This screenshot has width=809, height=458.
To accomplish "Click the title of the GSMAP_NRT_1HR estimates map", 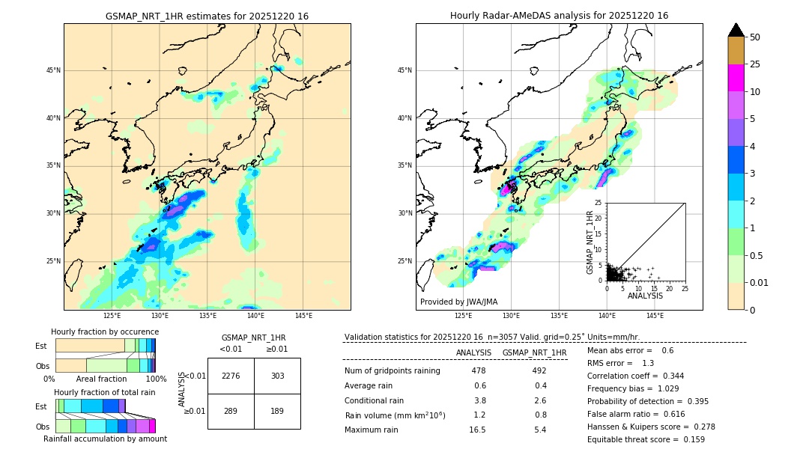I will tap(207, 16).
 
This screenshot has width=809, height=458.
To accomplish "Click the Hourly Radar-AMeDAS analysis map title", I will tap(559, 16).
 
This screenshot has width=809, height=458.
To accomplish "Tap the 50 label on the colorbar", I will tap(755, 37).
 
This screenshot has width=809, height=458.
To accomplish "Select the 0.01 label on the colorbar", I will tap(760, 282).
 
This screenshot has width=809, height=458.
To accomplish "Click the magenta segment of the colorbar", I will tap(736, 78).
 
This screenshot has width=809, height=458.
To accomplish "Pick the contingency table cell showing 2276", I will tap(231, 376).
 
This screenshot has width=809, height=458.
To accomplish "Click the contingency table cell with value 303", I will tap(277, 376).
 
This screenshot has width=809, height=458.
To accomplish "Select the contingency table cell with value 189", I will tap(277, 411).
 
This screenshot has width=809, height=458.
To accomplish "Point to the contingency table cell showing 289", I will tap(231, 411).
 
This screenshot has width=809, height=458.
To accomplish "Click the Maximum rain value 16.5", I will tap(478, 430).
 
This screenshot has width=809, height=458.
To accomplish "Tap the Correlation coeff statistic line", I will tap(635, 376).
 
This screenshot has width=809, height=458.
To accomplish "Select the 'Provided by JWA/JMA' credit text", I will tap(458, 302).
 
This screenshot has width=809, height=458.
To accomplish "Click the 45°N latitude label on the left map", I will tap(53, 70).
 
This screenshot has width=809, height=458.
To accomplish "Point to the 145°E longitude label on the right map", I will tap(655, 316).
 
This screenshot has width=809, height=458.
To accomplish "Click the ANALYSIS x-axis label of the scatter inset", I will tap(645, 296).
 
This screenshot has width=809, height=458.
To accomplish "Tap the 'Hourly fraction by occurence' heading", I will tap(105, 332).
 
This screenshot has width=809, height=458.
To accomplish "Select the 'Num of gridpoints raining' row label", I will tap(392, 371).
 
